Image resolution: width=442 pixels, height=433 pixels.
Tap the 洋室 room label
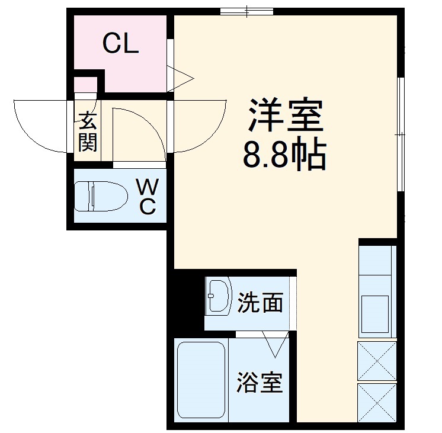(x=286, y=116)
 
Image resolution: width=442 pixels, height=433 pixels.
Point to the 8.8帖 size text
(x=285, y=155)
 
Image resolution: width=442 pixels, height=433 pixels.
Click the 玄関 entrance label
(x=87, y=131)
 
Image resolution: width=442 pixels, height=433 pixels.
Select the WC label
(x=148, y=198)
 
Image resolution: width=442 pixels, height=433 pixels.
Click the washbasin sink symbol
(x=218, y=295)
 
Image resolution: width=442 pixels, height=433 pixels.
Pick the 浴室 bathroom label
(x=260, y=383)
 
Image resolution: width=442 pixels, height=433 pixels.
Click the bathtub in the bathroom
(x=201, y=379)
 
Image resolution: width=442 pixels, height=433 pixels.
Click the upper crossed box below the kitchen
(x=377, y=361)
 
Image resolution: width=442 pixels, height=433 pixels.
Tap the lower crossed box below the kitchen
(x=377, y=403)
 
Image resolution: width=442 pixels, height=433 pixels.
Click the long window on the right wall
(x=401, y=135)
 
